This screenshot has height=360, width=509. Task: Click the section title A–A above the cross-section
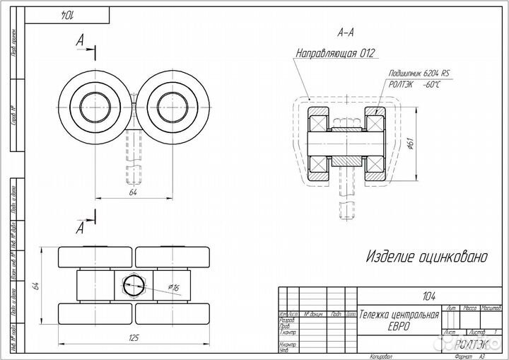coord(346,33)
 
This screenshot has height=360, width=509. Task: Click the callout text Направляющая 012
coord(334,53)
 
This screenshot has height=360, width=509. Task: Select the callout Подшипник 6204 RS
coord(419,73)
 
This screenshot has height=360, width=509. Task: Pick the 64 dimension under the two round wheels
coord(133,191)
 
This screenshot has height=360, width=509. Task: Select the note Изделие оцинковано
coord(426,257)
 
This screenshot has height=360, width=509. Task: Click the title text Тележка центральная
coord(399,314)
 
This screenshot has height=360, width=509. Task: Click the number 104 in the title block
coord(428,296)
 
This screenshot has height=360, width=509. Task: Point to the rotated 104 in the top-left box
coord(66,14)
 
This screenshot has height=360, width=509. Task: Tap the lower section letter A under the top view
coord(81,228)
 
